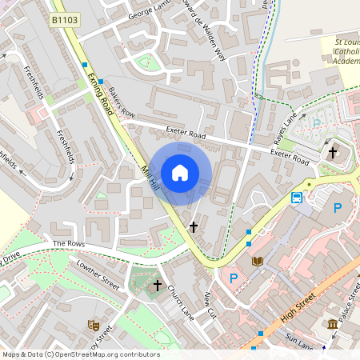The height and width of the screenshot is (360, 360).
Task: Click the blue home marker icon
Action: pyautogui.click(x=180, y=172)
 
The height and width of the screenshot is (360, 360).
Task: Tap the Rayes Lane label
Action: pyautogui.click(x=285, y=124)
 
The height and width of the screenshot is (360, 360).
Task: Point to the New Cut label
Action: pyautogui.click(x=210, y=304)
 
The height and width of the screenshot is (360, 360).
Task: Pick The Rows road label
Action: pyautogui.click(x=69, y=243)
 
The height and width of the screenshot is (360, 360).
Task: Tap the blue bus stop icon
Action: pyautogui.click(x=297, y=198)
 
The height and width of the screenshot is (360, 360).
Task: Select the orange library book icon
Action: pyautogui.click(x=258, y=262)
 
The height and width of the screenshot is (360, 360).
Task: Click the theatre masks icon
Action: pyautogui.click(x=93, y=325)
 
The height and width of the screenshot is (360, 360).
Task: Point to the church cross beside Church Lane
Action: pyautogui.click(x=158, y=285)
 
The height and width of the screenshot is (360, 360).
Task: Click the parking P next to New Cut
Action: pyautogui.click(x=234, y=278)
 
